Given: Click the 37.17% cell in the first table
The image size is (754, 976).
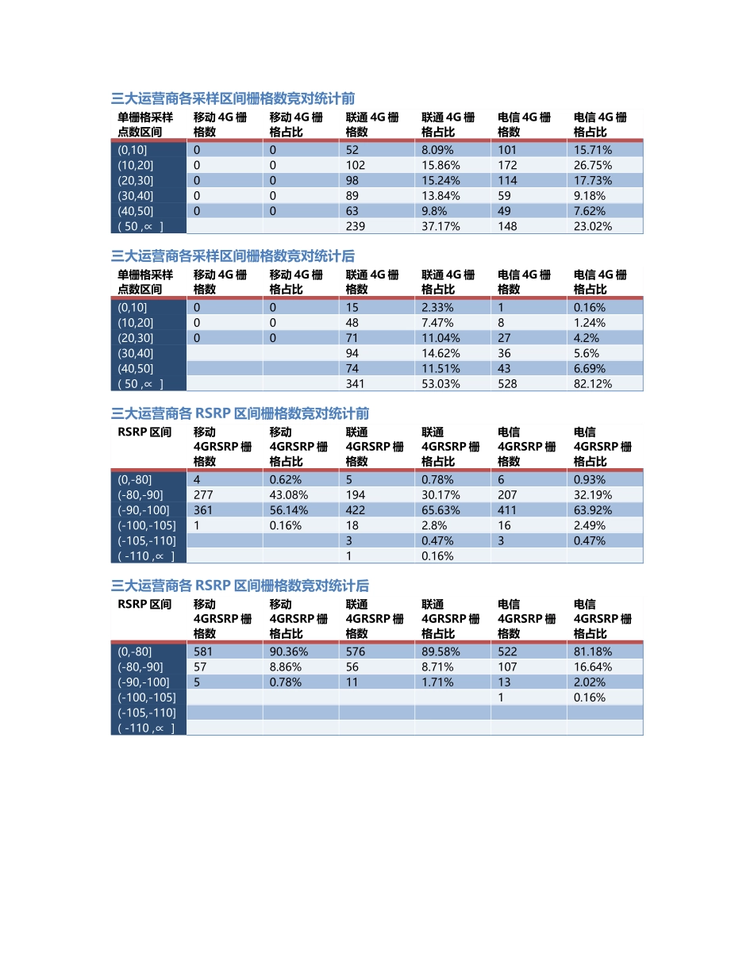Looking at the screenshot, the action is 440,226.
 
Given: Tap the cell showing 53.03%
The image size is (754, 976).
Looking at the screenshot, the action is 440,383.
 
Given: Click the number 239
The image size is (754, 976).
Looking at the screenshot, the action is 356,226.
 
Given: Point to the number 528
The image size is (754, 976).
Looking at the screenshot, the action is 507,383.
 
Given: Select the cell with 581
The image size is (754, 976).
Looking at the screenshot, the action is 203,651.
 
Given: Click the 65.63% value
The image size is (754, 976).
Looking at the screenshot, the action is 440,510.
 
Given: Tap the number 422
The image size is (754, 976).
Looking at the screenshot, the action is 356,510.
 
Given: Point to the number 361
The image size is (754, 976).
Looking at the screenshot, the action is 203,510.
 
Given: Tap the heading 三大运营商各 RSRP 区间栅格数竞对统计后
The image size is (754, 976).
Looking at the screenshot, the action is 240,586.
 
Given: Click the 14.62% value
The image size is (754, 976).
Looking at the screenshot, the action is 440,353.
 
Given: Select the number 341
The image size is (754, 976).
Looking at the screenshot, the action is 356,383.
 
